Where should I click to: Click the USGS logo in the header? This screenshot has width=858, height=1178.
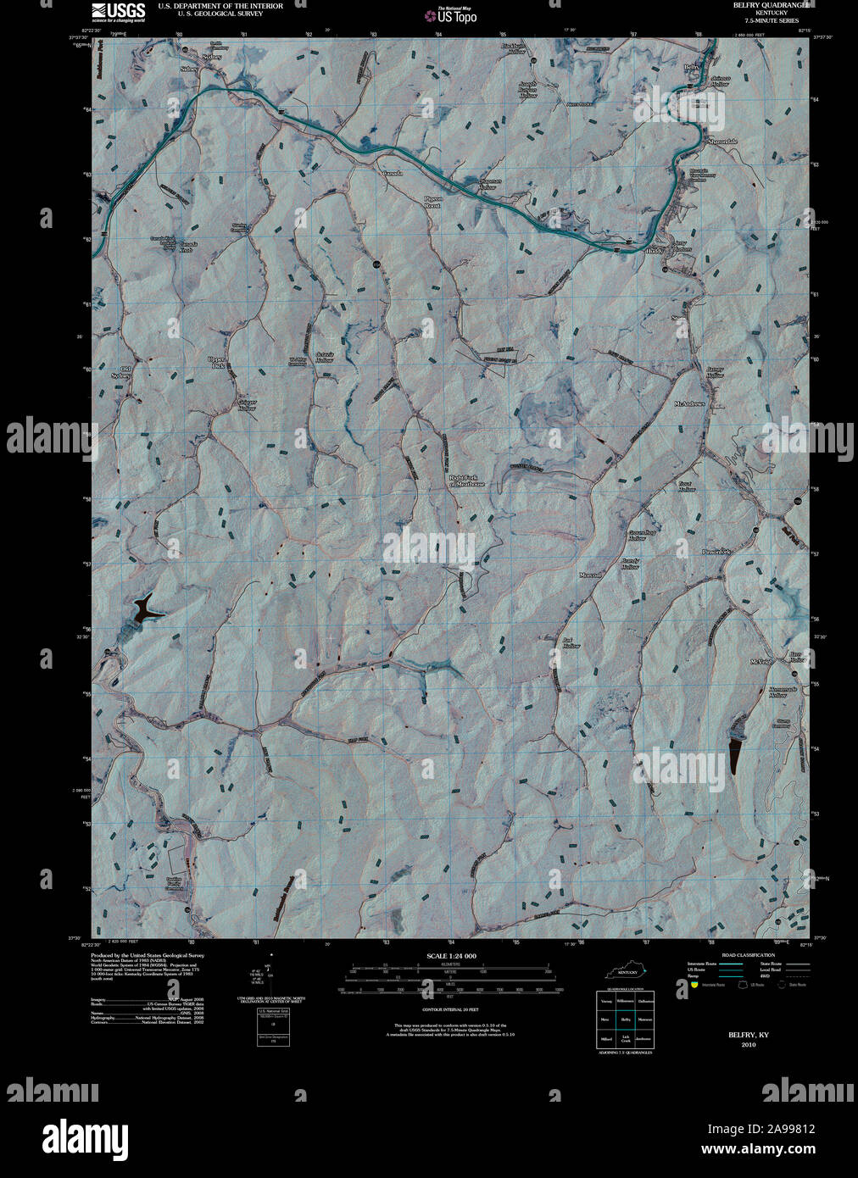point(118,11)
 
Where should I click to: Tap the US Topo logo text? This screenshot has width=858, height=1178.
point(457,16)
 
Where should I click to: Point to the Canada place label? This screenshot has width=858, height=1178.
point(392,173)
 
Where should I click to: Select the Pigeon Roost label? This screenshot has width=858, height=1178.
point(432,202)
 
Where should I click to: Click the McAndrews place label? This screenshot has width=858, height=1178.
point(689,403)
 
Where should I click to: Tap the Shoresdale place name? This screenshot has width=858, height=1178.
point(722,142)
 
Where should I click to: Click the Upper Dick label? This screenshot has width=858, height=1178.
point(218,362)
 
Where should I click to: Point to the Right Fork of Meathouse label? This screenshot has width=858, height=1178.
point(466,481)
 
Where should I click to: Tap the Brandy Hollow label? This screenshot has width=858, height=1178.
point(629,563)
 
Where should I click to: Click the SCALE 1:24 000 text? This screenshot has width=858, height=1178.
point(450,956)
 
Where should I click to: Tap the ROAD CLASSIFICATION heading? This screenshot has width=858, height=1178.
point(747,955)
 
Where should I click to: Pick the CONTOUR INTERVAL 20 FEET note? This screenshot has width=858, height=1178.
point(450,1011)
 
